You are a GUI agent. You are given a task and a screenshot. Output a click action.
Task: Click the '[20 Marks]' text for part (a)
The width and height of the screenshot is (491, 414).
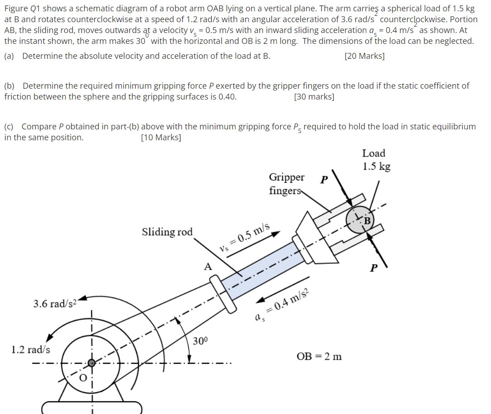tap(364, 57)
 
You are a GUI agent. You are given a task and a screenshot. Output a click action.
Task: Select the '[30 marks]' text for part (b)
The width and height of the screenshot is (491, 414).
tap(314, 97)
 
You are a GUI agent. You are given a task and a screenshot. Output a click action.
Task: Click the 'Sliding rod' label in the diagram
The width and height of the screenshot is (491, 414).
tap(167, 232)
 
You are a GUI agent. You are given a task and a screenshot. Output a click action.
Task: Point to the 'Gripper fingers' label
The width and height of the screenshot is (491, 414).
tap(286, 184)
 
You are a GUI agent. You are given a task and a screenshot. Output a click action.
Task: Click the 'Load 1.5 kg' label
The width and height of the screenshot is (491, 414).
tap(376, 160)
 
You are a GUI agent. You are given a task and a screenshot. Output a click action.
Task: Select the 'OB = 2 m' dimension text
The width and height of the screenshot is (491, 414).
tap(319, 357)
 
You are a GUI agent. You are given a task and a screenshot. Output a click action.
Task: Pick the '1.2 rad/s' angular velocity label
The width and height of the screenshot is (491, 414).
tap(31, 349)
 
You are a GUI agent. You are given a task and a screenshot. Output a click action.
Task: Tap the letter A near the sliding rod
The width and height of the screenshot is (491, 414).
tap(208, 267)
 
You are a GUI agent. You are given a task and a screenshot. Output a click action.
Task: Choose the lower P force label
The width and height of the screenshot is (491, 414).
tap(373, 268)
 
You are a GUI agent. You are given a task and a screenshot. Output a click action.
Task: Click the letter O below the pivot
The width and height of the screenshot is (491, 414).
tap(82, 378)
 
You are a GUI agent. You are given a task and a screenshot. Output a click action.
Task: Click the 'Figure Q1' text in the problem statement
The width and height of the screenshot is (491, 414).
tap(21, 9)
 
